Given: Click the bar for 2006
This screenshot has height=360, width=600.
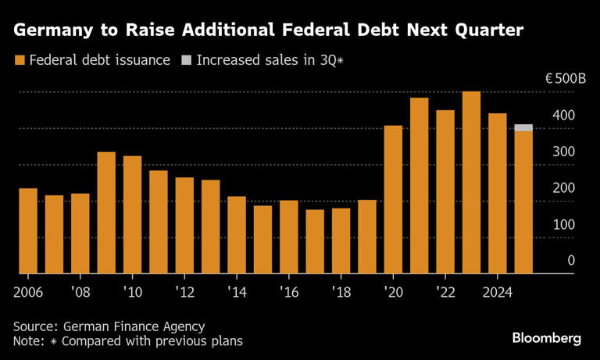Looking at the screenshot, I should click(x=28, y=231).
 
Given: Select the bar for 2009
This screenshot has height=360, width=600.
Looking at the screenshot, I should click(x=106, y=213).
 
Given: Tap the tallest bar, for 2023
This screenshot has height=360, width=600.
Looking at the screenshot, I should click(x=471, y=183).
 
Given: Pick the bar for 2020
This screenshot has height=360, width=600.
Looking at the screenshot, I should click(x=393, y=200).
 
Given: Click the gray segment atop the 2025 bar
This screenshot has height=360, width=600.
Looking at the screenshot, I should click(x=523, y=127).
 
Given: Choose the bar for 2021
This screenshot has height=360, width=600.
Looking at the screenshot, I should click(x=420, y=186).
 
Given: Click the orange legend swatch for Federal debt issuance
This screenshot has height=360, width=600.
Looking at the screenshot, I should click(x=19, y=60).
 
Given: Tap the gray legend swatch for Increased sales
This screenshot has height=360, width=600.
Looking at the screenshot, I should click(x=186, y=60).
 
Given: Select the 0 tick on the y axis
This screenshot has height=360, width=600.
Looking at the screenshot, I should click(x=571, y=260).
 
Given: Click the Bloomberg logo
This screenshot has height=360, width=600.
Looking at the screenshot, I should click(x=547, y=338).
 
